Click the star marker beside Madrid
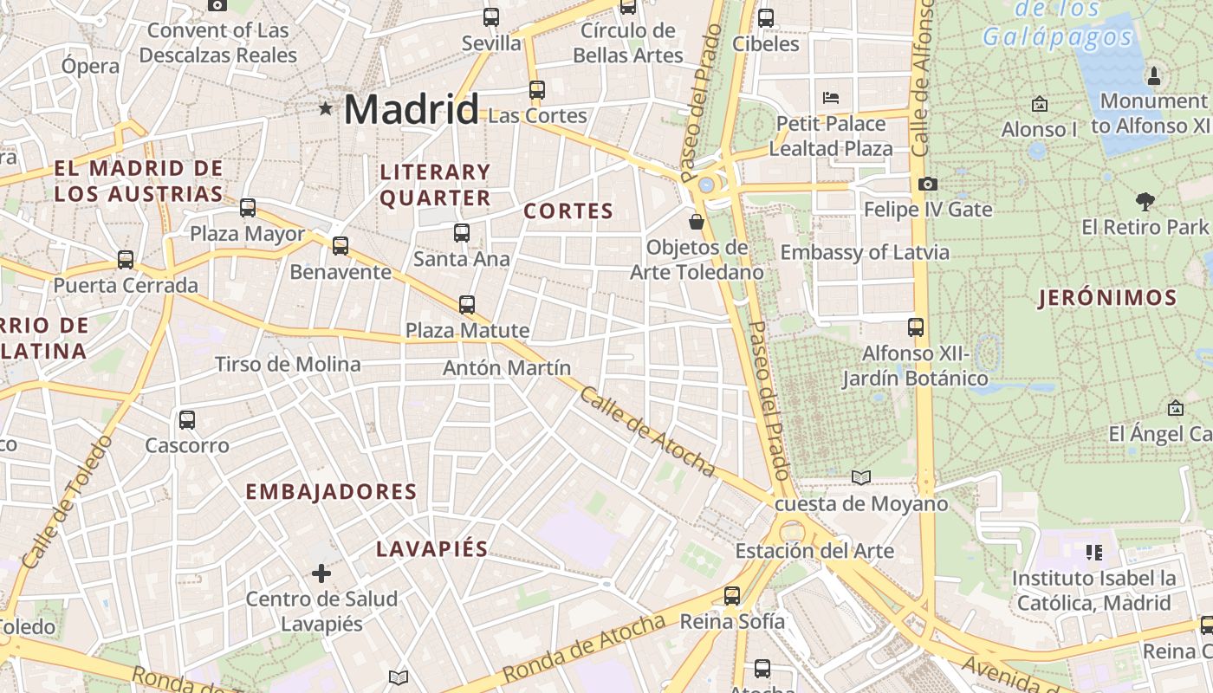pos(326,108)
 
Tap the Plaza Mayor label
pos(247,234)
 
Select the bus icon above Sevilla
pos(491,16)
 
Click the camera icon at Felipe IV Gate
pos(927,184)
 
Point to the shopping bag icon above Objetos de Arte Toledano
pos(697,222)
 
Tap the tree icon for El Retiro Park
pos(1145,202)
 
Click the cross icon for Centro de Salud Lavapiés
pos(321,573)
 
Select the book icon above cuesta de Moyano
pos(860,477)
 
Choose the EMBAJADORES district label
pos(331,492)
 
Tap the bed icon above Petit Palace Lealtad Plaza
pos(831,97)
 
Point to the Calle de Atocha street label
pos(647,431)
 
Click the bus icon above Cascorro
pos(186,420)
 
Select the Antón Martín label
pos(507,368)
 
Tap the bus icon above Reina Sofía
pos(732,596)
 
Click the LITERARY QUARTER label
pos(435,185)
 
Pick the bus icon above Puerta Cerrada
pos(126,260)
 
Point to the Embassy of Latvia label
pos(865,253)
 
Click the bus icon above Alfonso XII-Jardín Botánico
pos(916,327)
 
